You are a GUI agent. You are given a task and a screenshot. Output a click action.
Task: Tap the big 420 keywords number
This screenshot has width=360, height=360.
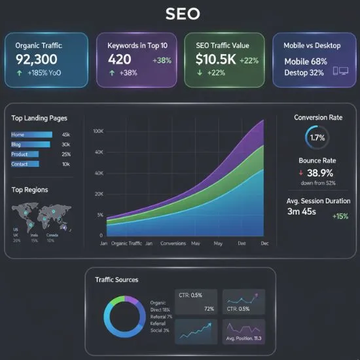[119, 60]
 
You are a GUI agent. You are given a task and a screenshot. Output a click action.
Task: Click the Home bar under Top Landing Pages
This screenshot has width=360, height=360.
[31, 135]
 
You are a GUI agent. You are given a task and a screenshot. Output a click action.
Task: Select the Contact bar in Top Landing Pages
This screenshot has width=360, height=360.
[24, 164]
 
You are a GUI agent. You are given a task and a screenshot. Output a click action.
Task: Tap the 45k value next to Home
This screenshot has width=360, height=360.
[65, 135]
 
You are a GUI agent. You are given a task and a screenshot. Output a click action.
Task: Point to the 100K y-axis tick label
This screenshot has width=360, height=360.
[99, 132]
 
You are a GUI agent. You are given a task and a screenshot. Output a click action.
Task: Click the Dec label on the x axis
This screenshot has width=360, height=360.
[264, 243]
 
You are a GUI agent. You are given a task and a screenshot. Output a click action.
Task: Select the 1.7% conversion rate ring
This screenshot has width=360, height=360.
[316, 137]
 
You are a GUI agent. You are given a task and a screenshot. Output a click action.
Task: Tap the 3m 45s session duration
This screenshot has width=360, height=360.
[302, 211]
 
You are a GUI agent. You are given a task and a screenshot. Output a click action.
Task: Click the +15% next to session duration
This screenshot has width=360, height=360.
[340, 217]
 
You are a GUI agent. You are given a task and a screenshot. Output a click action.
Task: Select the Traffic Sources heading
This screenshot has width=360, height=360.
[117, 279]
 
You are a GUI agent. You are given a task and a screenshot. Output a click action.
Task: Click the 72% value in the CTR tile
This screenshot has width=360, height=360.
[209, 308]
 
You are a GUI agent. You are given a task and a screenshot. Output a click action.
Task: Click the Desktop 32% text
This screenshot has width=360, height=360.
[304, 73]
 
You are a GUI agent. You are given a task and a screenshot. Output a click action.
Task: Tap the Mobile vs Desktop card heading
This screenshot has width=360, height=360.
[311, 46]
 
